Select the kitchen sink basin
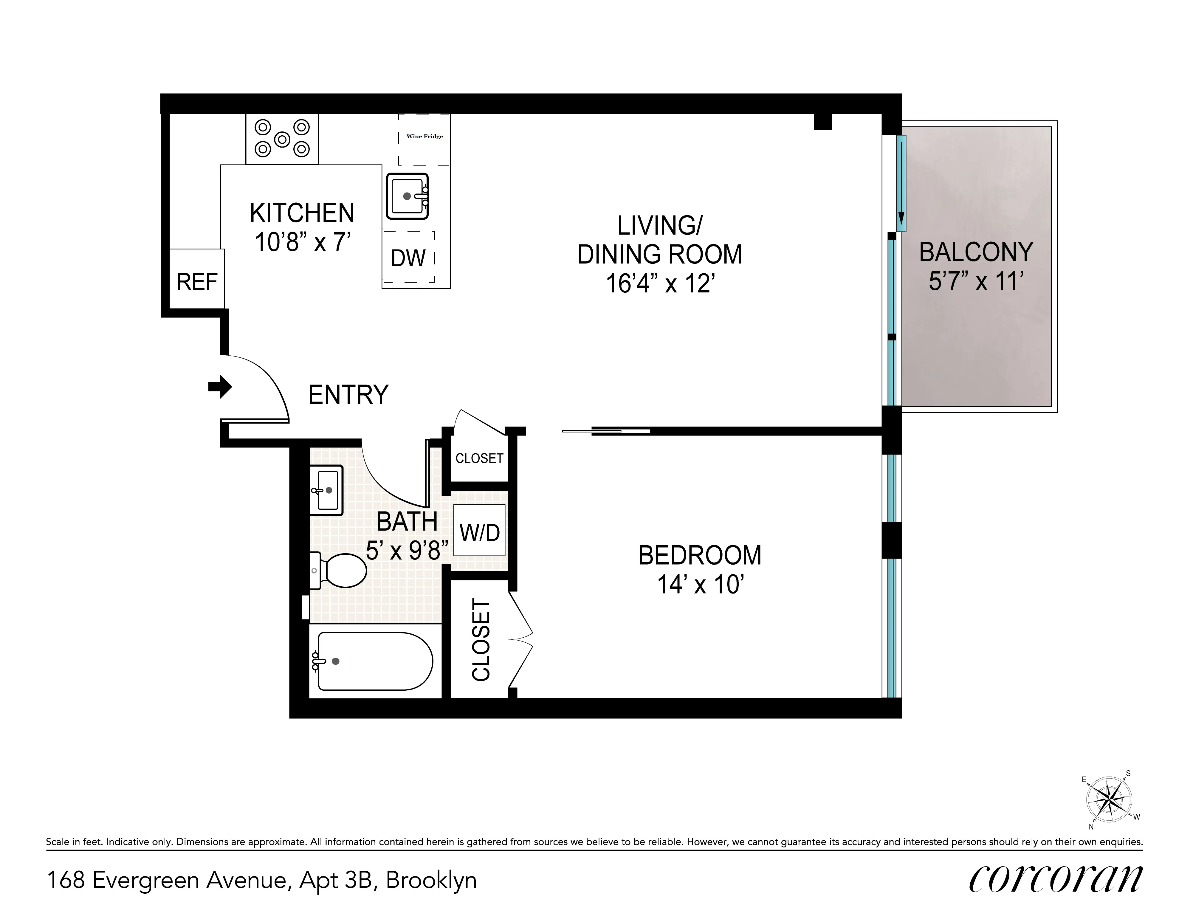[x=407, y=196]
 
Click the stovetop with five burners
[x=282, y=139]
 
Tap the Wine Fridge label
[x=424, y=137]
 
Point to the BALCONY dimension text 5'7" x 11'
[x=976, y=281]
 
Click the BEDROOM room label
[x=700, y=555]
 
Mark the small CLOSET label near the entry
[x=479, y=458]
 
